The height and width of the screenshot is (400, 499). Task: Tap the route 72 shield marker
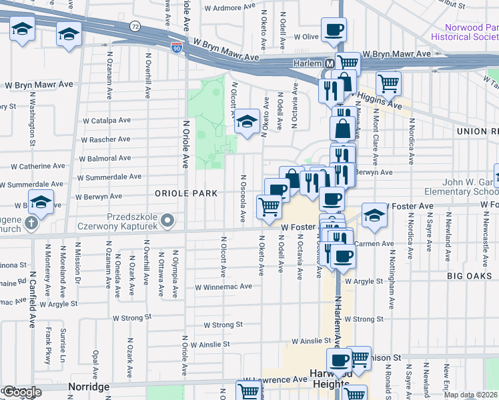tap(135, 27)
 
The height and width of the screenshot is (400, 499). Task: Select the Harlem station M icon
tap(328, 64)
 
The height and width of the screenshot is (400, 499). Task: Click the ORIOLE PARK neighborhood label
tap(186, 193)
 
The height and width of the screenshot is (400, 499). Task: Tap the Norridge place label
tap(89, 387)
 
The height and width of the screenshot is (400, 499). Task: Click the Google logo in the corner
tap(21, 392)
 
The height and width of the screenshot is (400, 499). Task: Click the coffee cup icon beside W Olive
tap(334, 30)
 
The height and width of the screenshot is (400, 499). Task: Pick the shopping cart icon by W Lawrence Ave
tap(247, 392)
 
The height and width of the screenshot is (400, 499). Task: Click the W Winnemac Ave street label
tap(223, 287)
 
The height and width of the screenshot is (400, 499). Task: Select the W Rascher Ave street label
tap(105, 139)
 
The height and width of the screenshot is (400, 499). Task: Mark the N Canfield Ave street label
tap(31, 304)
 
